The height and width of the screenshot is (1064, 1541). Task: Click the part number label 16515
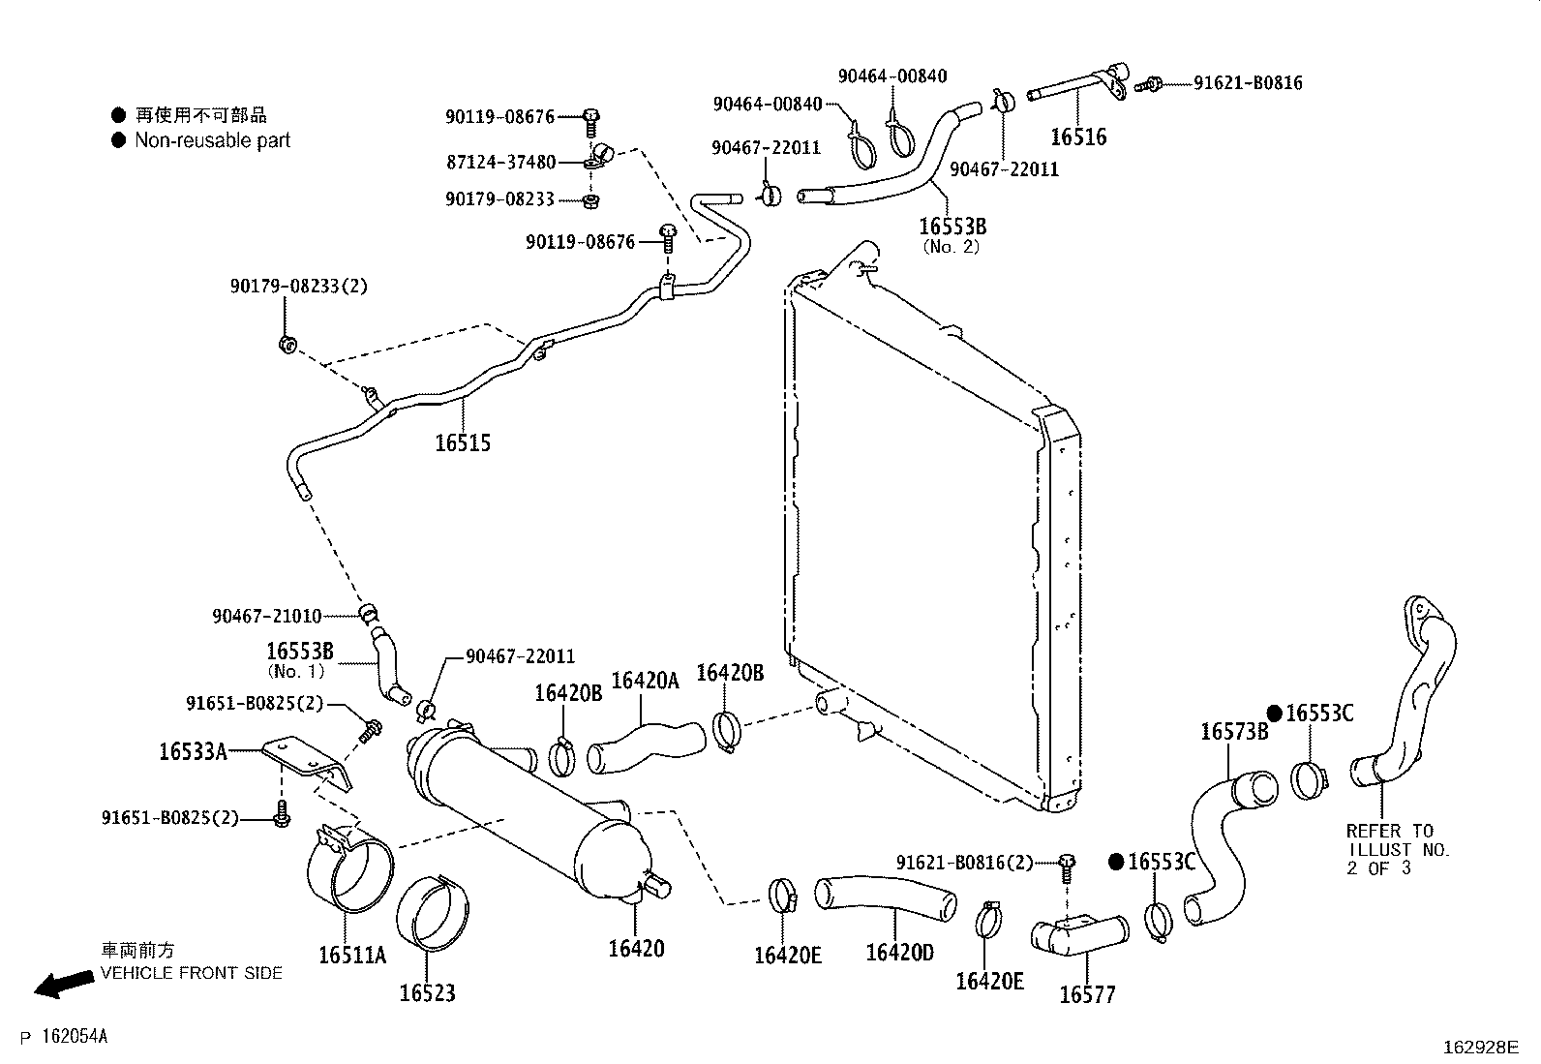(x=463, y=443)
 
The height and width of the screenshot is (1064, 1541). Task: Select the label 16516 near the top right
(x=1077, y=137)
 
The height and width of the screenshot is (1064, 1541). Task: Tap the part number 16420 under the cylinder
(x=636, y=948)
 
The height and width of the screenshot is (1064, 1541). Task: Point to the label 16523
(x=427, y=992)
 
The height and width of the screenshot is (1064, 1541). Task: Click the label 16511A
(x=352, y=956)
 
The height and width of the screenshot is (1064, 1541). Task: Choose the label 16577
(x=1087, y=994)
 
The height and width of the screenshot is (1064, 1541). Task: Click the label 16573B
(x=1234, y=732)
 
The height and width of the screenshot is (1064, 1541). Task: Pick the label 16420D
(x=899, y=953)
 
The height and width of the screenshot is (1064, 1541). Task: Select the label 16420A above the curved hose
(x=646, y=681)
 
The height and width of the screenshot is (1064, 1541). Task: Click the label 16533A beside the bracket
(x=193, y=750)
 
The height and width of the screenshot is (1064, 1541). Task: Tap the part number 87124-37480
(x=500, y=163)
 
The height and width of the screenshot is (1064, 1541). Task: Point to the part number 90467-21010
(x=266, y=616)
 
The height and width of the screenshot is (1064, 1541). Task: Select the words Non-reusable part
(x=212, y=140)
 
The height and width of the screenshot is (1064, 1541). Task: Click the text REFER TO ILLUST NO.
(x=1398, y=840)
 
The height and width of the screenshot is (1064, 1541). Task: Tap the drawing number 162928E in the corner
(x=1481, y=1048)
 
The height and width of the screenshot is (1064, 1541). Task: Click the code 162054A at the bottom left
(x=75, y=1037)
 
